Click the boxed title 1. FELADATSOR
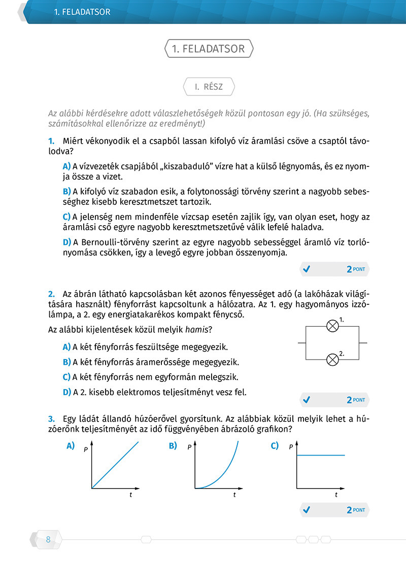tap(209, 49)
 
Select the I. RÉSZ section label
tap(209, 87)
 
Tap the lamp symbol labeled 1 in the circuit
tap(332, 326)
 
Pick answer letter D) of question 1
tap(66, 241)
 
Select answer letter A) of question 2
tap(66, 347)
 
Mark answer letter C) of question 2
tap(66, 377)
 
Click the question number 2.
tap(51, 294)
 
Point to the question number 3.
tap(51, 419)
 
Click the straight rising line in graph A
tap(115, 465)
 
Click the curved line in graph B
tap(223, 472)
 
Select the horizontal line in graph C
tap(320, 455)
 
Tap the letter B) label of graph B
tap(173, 446)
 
